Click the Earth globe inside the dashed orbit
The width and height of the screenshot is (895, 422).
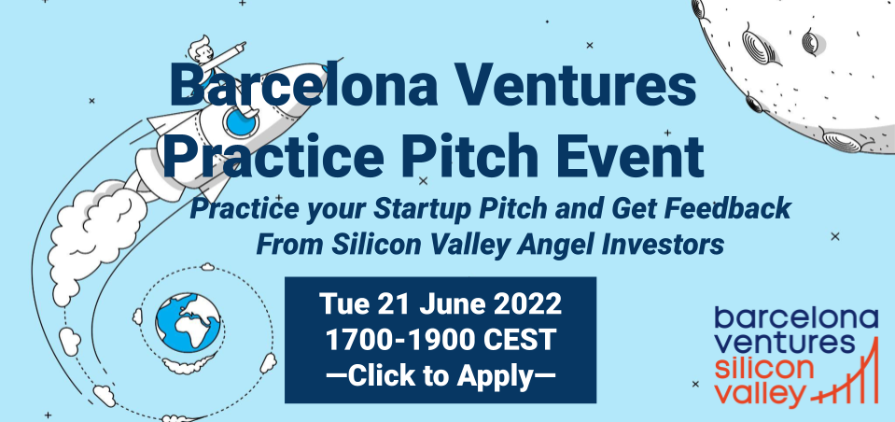pyautogui.click(x=188, y=321)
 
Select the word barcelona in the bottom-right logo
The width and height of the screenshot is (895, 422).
pyautogui.click(x=796, y=317)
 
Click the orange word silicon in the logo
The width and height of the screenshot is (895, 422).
pyautogui.click(x=765, y=369)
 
